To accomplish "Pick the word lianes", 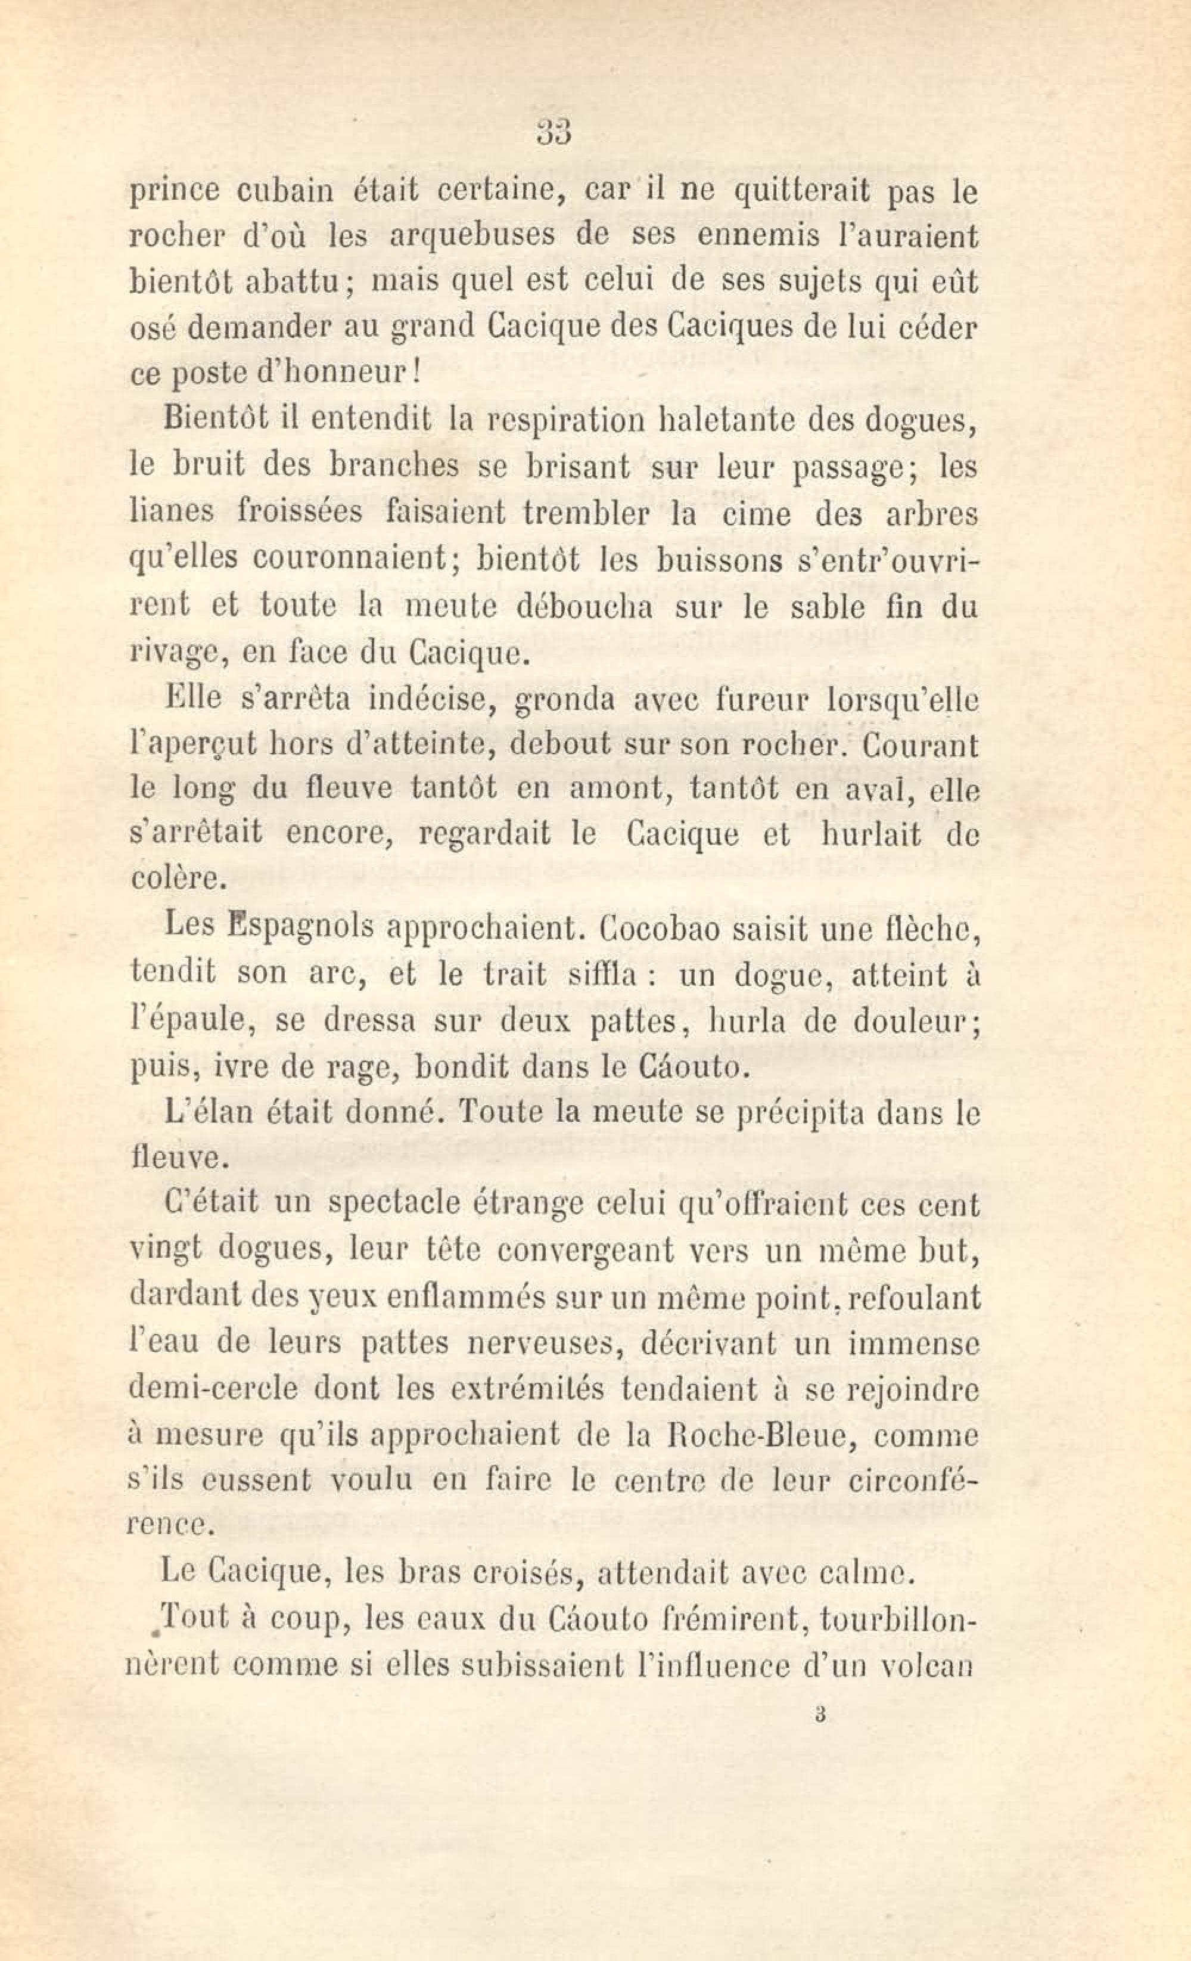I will point(171,512).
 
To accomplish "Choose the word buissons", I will point(719,560).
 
